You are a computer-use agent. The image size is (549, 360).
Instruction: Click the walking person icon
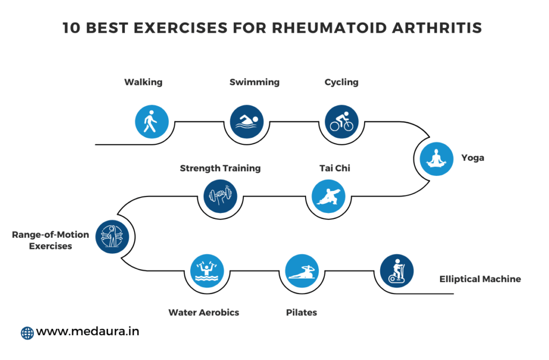[x=152, y=122]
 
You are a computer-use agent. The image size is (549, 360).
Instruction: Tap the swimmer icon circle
[x=247, y=122]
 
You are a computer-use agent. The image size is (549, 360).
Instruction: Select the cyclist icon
[x=342, y=122]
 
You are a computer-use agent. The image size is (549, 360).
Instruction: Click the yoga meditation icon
[x=436, y=159]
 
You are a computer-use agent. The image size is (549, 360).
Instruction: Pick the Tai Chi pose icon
[x=329, y=196]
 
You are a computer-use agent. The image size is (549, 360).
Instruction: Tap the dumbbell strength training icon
[x=220, y=196]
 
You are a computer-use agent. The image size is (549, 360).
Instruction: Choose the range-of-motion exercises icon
[x=112, y=237]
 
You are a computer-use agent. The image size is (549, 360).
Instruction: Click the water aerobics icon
[x=207, y=271]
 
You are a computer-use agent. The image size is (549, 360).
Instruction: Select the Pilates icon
[x=302, y=271]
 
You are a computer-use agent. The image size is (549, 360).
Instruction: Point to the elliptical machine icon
[x=397, y=271]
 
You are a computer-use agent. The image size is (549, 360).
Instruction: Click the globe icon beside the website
[x=27, y=333]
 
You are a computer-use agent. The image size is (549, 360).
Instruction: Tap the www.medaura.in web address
[x=87, y=331]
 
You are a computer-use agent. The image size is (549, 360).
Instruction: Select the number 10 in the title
[x=71, y=28]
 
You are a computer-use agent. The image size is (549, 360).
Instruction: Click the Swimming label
[x=255, y=83]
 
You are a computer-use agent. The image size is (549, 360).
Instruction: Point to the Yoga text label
[x=473, y=158]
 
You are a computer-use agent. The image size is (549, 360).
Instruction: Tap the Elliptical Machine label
[x=480, y=279]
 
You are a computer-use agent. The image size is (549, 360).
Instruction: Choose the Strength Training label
[x=220, y=168]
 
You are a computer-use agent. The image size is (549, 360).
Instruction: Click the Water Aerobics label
[x=204, y=312]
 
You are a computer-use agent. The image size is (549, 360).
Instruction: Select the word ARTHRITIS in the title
[x=437, y=28]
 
